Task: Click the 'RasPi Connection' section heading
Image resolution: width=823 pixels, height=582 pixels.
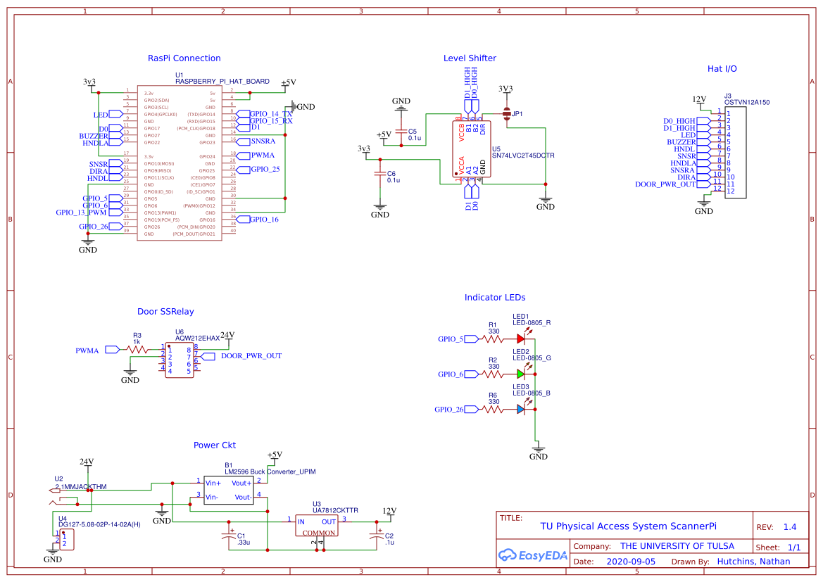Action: [184, 58]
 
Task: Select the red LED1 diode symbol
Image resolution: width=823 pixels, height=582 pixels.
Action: [521, 339]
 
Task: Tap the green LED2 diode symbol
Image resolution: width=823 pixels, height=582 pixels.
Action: [521, 374]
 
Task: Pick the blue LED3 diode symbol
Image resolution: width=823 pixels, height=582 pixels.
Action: [521, 409]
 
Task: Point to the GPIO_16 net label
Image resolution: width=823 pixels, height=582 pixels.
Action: [264, 220]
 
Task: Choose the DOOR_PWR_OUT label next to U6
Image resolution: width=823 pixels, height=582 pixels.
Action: [251, 356]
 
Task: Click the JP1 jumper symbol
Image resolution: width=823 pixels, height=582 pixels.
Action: [506, 113]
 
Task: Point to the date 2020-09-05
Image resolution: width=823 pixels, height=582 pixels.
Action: [631, 562]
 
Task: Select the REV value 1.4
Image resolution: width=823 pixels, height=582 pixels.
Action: [790, 527]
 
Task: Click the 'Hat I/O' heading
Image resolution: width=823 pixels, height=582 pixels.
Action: [722, 69]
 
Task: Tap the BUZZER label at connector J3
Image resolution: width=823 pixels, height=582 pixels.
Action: [681, 142]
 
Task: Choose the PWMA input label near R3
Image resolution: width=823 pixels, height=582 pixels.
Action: [87, 350]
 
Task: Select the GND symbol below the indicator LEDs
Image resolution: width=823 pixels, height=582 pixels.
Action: [539, 451]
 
